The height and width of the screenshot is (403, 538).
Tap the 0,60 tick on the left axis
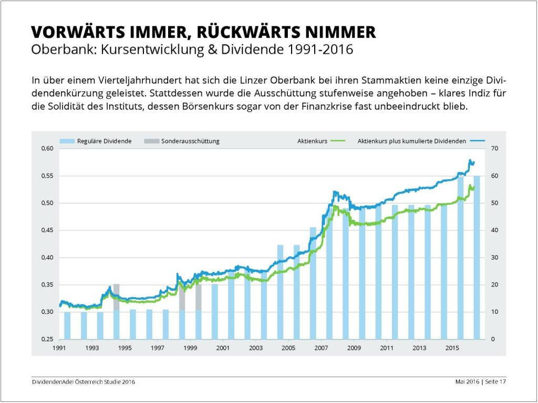click(x=47, y=149)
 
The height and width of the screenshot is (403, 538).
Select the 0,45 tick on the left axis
click(x=47, y=230)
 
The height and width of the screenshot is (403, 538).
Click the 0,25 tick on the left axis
click(x=47, y=340)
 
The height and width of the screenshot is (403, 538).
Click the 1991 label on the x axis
click(x=59, y=348)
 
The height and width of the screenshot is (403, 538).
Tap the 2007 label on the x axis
click(x=321, y=348)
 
